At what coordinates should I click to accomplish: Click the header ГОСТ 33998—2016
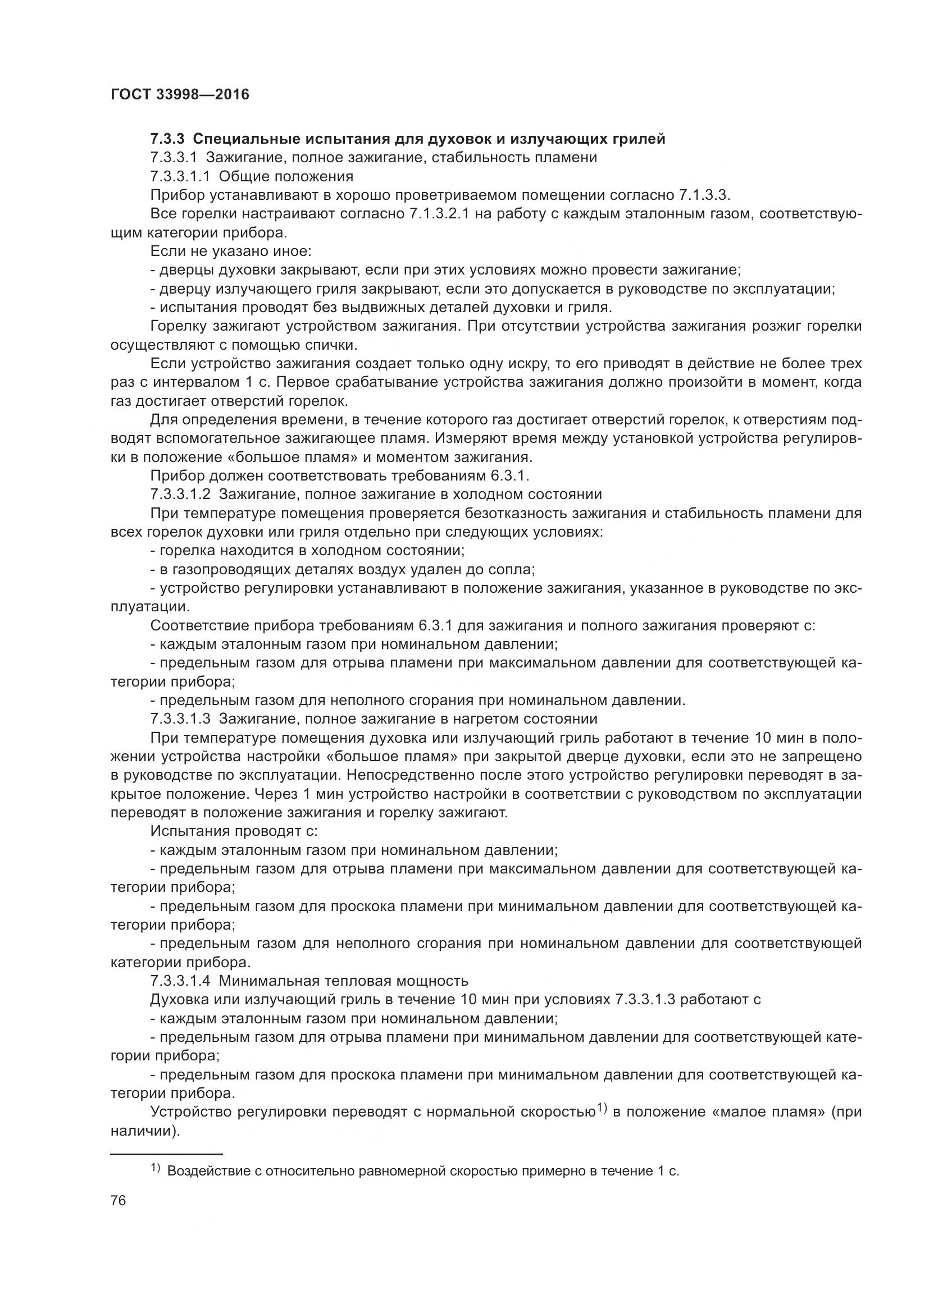point(180,95)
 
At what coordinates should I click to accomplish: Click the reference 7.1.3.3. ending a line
point(705,195)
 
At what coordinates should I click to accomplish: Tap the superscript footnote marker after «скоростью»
point(601,1108)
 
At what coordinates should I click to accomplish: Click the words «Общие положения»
point(286,176)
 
